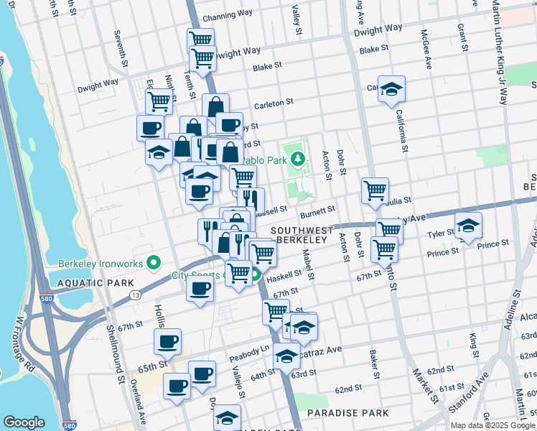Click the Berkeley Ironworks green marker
[x=151, y=264]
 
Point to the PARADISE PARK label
[x=347, y=413]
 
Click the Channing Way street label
[x=227, y=17]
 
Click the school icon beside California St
[x=391, y=89]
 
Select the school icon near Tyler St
[x=468, y=226]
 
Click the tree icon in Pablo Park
[x=295, y=158]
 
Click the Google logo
[x=24, y=422]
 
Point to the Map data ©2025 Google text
[x=492, y=425]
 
